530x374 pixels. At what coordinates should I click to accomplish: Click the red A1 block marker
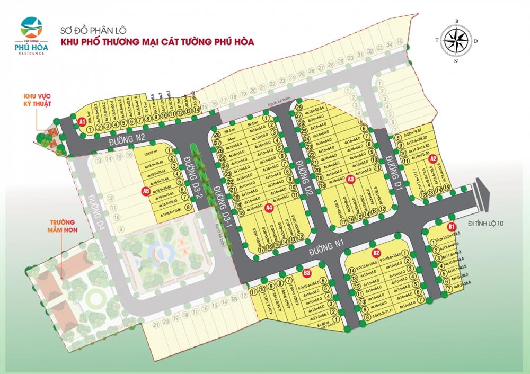click(82, 121)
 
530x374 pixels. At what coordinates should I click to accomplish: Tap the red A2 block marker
click(432, 158)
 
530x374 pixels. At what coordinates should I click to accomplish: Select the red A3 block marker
click(350, 179)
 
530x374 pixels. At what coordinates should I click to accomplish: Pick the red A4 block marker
click(269, 207)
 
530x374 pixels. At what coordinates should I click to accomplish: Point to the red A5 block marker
click(146, 191)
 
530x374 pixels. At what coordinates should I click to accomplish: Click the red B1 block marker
click(452, 227)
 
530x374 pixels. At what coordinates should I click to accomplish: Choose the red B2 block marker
click(376, 253)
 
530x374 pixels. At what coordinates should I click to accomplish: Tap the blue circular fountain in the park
click(156, 251)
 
